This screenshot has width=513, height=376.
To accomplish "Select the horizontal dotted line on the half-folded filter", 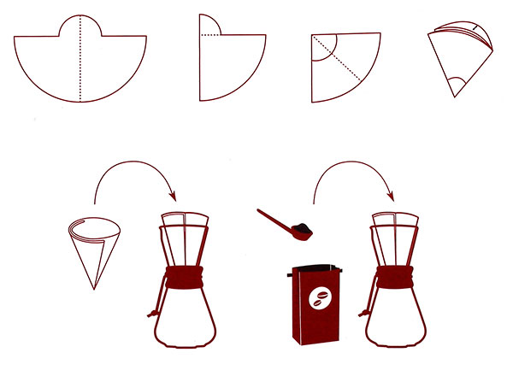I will point(210,35).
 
